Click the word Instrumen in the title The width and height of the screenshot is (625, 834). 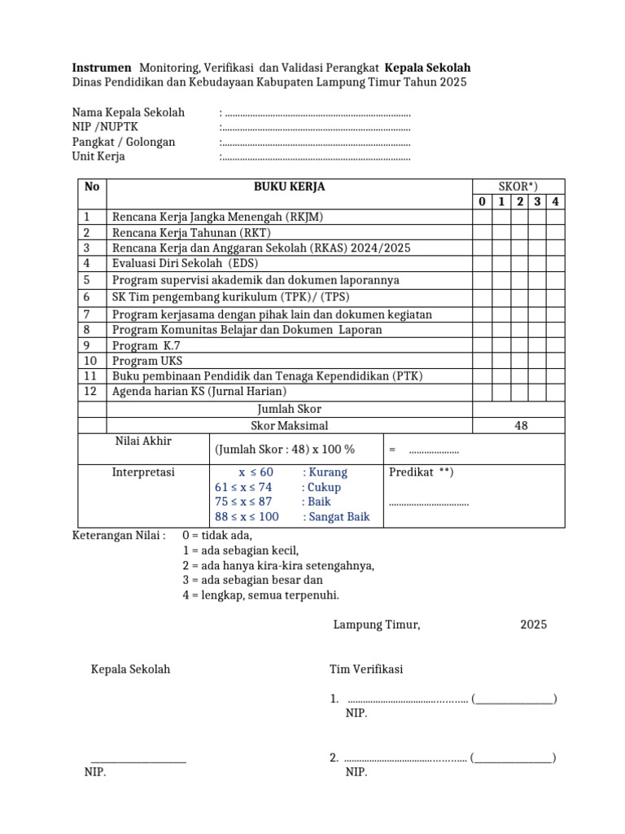point(101,68)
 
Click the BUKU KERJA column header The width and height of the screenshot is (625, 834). point(289,187)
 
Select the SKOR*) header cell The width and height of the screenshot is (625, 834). point(518,187)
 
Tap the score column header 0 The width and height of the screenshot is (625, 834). point(482,202)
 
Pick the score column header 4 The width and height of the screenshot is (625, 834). point(555,202)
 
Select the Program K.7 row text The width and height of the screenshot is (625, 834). point(146,345)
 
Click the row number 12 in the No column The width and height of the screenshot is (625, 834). point(91,391)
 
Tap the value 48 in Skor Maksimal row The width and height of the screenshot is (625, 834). point(521,425)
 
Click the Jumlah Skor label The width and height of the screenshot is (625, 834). point(289,409)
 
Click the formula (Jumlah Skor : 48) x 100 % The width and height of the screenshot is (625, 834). point(285,450)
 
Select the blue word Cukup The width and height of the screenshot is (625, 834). point(321,487)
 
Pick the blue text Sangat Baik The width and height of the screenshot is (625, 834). point(336,516)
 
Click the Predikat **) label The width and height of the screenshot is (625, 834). point(421,472)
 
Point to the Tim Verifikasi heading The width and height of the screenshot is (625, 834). point(366,669)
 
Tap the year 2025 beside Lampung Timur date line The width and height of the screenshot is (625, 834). point(534,625)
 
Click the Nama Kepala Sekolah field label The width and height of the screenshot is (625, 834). point(129,112)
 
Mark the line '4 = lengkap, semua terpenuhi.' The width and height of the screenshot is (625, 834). point(260,595)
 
